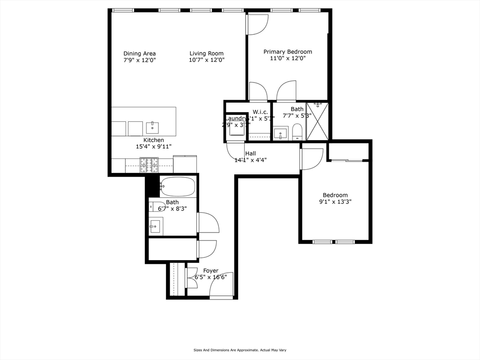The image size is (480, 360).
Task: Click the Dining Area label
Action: tap(139, 53)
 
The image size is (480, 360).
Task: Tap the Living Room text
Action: tap(206, 53)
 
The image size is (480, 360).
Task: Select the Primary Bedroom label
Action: tap(287, 52)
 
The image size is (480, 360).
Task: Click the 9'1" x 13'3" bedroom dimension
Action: tap(335, 202)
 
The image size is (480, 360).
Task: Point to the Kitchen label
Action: tap(153, 140)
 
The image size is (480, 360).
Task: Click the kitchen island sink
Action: tap(152, 127)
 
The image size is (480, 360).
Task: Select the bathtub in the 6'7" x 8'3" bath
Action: tap(177, 187)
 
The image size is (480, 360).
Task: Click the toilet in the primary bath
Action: tap(297, 132)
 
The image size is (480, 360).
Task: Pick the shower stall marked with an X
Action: tap(317, 121)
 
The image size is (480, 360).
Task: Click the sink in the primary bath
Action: tap(281, 133)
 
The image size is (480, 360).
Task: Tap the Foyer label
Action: tap(210, 270)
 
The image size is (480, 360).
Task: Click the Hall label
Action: tap(250, 153)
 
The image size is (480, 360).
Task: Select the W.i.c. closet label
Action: tap(260, 112)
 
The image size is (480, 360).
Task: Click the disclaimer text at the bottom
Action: tap(240, 350)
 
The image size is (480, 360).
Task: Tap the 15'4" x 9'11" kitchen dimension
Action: tap(153, 147)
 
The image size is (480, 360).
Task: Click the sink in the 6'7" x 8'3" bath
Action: tap(155, 226)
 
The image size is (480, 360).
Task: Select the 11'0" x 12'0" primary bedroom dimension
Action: tap(287, 59)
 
